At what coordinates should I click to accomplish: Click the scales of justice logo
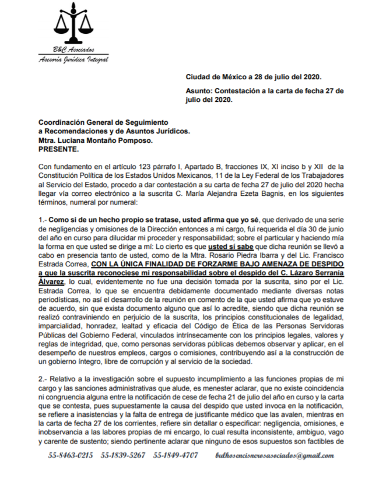[x=73, y=26]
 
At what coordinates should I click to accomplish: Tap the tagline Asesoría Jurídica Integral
[x=73, y=59]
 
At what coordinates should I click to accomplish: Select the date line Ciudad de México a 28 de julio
[x=253, y=76]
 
